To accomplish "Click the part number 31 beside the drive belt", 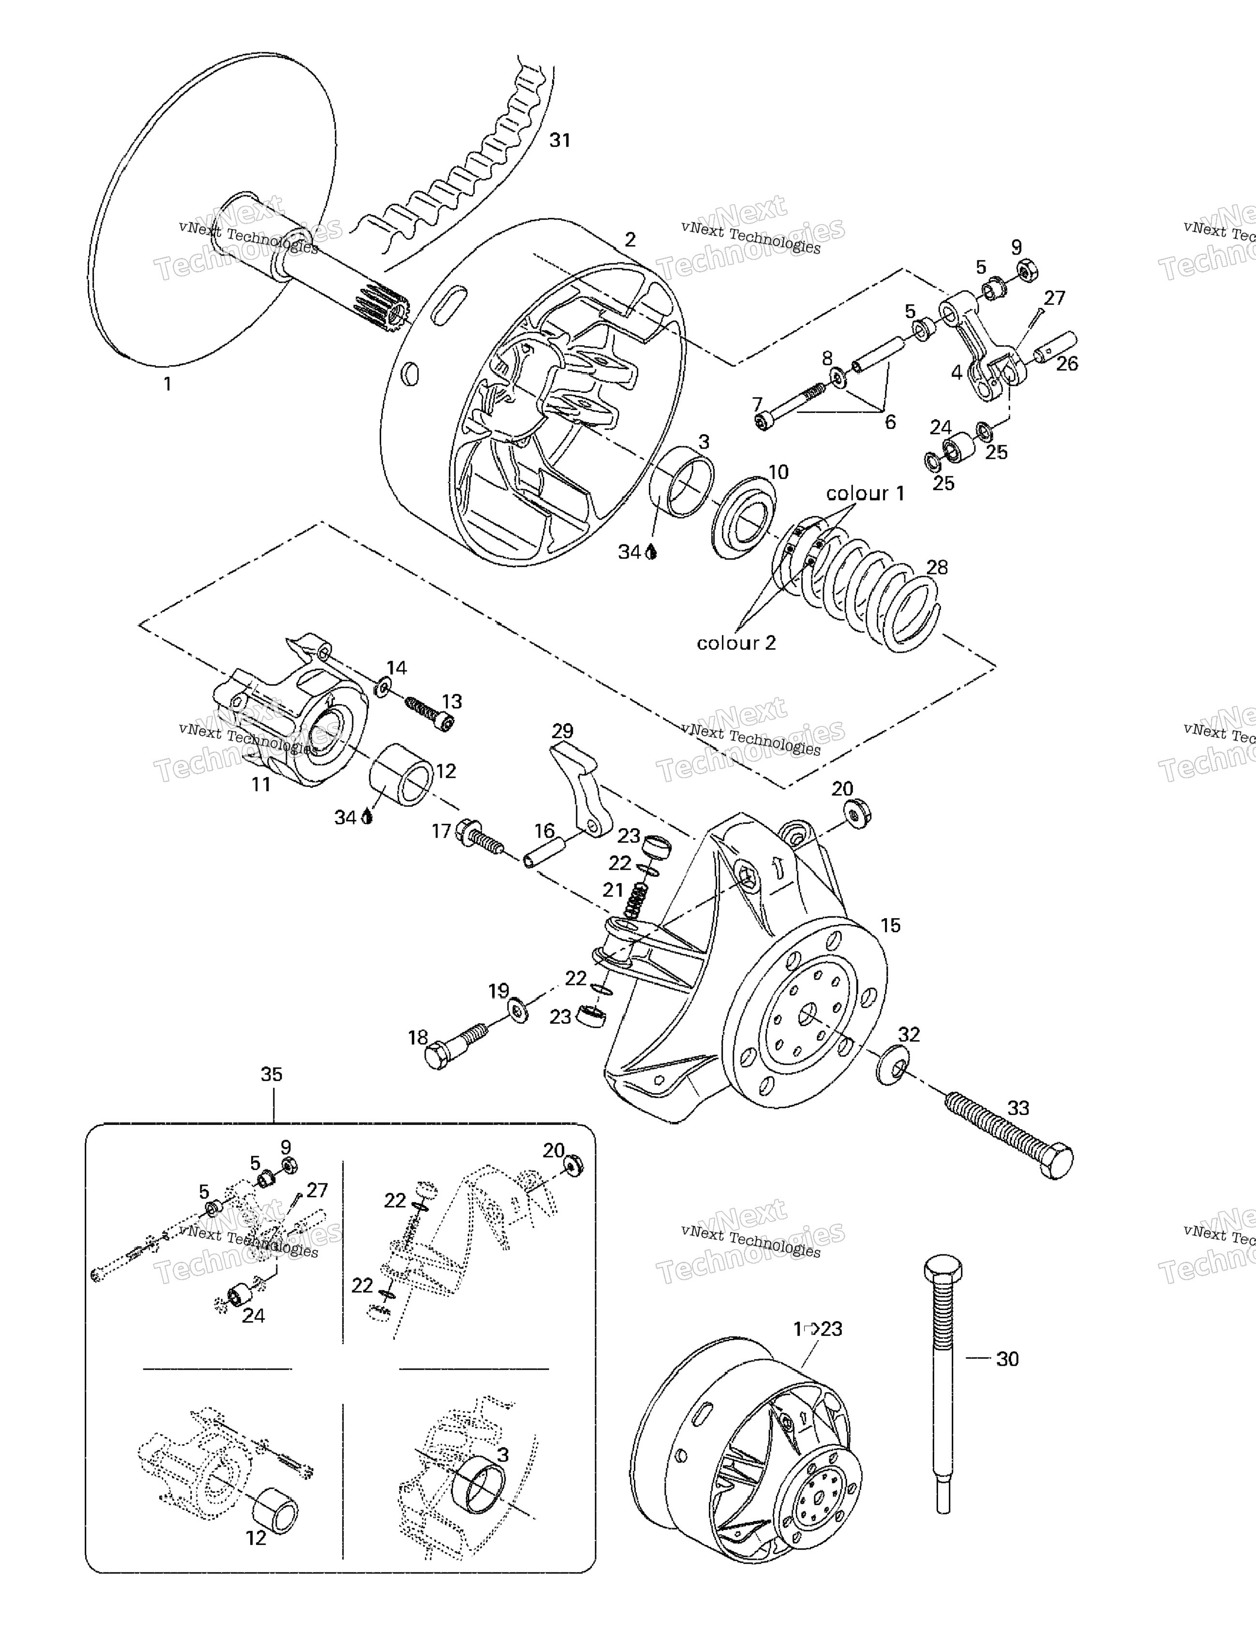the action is pos(560,140).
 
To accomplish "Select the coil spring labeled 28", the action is pos(859,583).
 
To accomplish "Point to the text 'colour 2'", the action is pos(736,643).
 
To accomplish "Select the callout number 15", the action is pos(890,926).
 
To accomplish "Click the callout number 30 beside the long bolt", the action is pos(1007,1359).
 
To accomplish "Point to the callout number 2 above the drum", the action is pos(630,240).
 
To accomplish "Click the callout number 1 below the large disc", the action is pos(167,384).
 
